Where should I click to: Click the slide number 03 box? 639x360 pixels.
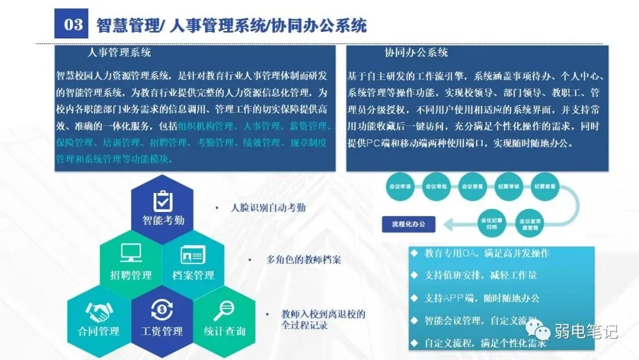(73, 24)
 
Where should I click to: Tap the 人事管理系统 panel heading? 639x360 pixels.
(120, 53)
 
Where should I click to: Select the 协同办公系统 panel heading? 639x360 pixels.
(416, 53)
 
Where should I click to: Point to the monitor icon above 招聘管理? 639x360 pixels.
(131, 253)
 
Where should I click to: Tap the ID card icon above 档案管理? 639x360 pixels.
(193, 255)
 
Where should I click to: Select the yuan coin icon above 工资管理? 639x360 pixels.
(162, 309)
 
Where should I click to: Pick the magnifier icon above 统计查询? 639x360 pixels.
(224, 309)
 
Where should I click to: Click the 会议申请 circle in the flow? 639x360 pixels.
(400, 186)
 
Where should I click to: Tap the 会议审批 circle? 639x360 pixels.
(436, 186)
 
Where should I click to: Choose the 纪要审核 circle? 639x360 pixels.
(508, 186)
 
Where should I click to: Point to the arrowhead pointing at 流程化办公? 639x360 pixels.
(450, 224)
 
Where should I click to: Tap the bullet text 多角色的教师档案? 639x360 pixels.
(303, 260)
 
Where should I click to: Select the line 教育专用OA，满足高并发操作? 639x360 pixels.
(487, 253)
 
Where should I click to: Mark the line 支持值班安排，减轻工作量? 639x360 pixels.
(480, 275)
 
